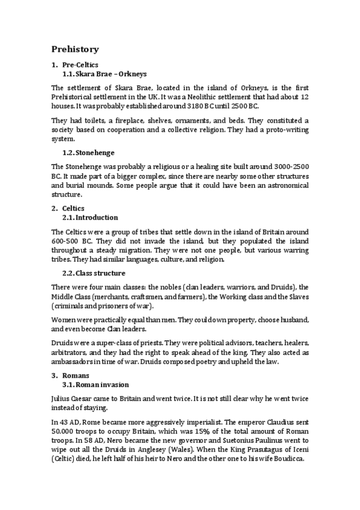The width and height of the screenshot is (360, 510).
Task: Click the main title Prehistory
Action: (75, 49)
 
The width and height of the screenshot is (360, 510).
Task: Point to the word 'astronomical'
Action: (285, 185)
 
